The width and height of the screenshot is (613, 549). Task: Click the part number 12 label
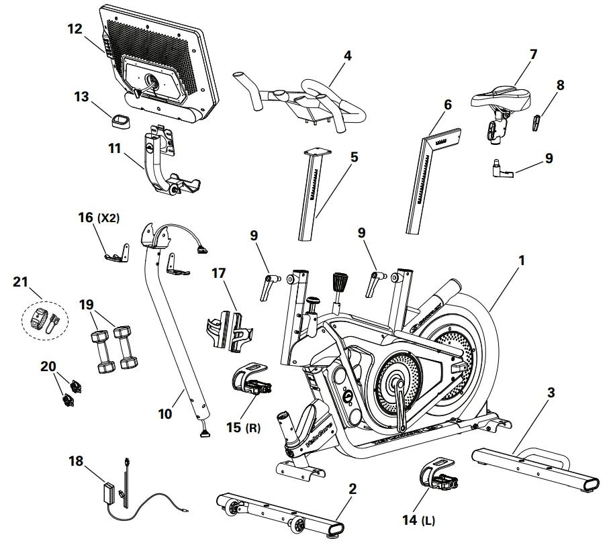tap(75, 29)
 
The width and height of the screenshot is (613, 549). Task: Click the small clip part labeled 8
tap(538, 123)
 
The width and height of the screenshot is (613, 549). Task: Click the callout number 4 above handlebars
tap(347, 56)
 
